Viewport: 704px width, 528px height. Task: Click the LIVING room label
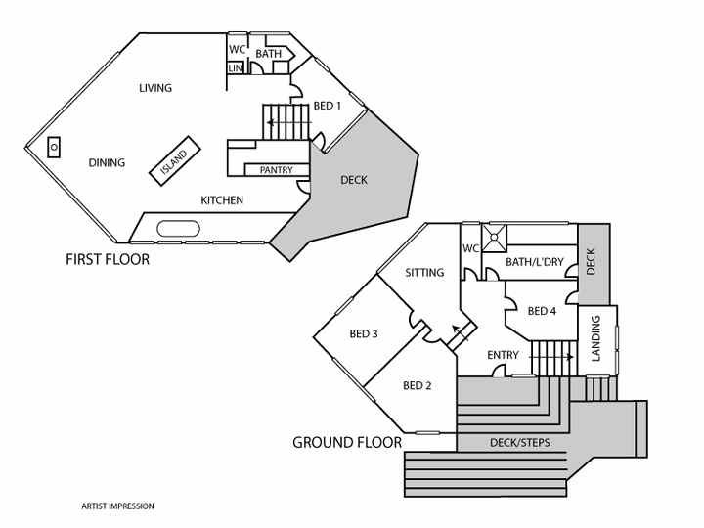[154, 88]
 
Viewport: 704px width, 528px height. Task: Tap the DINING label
[107, 162]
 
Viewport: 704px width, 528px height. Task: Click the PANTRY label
[276, 170]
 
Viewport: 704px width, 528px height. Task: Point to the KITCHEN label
[222, 200]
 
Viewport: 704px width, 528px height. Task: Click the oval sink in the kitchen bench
[178, 229]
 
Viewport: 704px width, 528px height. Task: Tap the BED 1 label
[327, 107]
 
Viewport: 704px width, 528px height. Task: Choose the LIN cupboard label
[236, 67]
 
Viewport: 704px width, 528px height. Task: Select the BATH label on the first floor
[269, 53]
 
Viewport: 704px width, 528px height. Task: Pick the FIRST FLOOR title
[108, 260]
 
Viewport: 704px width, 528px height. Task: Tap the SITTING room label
[424, 273]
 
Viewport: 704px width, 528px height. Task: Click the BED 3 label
[364, 334]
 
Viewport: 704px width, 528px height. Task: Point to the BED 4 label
[542, 311]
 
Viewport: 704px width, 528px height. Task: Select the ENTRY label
[503, 355]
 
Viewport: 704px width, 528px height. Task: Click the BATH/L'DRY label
[535, 262]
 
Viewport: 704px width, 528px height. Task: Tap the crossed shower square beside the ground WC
[497, 234]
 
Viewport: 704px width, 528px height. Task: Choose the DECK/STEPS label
[517, 443]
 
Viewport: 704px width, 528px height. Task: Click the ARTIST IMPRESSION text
[117, 506]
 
